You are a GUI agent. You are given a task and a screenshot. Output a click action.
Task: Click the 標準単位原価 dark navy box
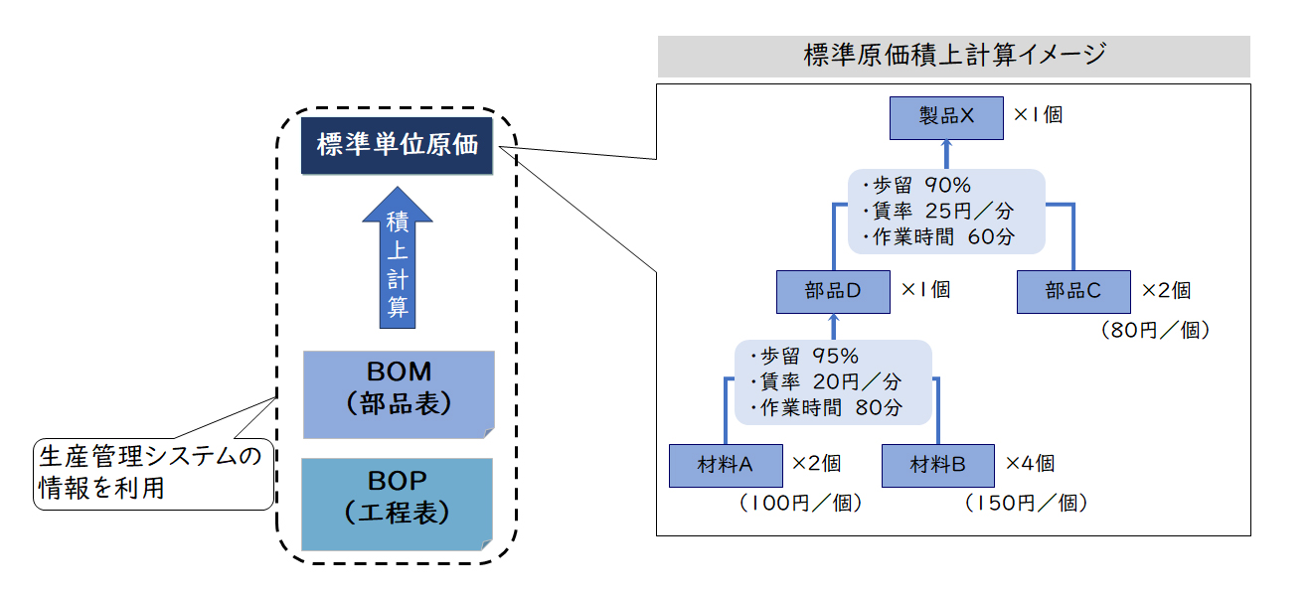(x=397, y=145)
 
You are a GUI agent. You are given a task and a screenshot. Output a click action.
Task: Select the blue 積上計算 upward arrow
(x=398, y=257)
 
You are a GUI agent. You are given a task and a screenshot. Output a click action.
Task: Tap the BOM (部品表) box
(x=399, y=394)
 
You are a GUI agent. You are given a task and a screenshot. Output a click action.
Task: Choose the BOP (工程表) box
(x=398, y=504)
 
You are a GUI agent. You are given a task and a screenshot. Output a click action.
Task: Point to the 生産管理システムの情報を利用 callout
(x=153, y=474)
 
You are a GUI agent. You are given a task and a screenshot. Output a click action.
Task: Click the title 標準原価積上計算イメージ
(x=954, y=55)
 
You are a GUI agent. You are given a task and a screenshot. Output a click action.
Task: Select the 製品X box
(x=946, y=117)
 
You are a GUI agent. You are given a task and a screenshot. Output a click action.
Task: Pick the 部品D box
(x=833, y=292)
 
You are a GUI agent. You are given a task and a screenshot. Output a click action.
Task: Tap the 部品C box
(x=1073, y=292)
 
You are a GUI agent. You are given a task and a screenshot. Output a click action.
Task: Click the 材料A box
(x=726, y=466)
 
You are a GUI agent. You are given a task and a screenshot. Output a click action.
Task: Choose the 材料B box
(x=937, y=466)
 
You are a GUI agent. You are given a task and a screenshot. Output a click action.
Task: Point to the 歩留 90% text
(x=917, y=186)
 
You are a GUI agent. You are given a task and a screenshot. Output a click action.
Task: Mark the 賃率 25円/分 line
(x=938, y=211)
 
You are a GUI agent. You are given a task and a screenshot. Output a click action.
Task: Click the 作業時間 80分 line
(x=826, y=407)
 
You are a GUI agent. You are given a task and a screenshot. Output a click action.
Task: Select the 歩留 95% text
(x=805, y=356)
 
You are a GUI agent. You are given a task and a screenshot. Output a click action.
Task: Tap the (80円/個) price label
(x=1156, y=330)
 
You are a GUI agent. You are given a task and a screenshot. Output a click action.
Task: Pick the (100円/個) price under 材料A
(x=801, y=503)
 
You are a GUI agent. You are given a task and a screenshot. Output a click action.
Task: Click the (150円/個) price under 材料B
(x=1026, y=503)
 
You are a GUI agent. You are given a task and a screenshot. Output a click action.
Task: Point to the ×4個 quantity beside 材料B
(x=1031, y=464)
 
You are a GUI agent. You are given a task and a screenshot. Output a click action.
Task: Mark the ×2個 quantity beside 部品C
(x=1167, y=290)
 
